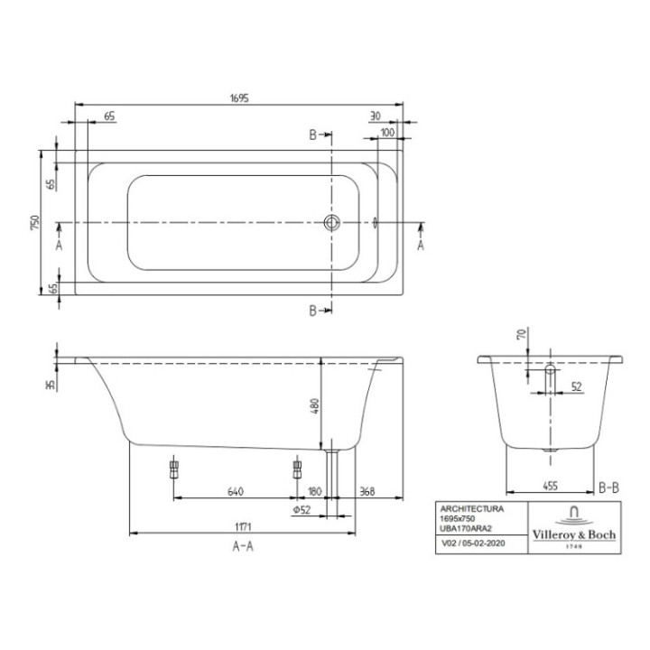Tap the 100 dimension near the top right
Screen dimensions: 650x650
coord(387,133)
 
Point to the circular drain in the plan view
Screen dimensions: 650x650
coord(332,222)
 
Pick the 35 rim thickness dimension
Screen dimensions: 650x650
coord(51,384)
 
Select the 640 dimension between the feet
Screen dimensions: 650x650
coord(234,492)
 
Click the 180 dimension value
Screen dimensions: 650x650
coord(314,492)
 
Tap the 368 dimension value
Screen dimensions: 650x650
coord(366,492)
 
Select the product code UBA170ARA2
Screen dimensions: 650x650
coord(461,527)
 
